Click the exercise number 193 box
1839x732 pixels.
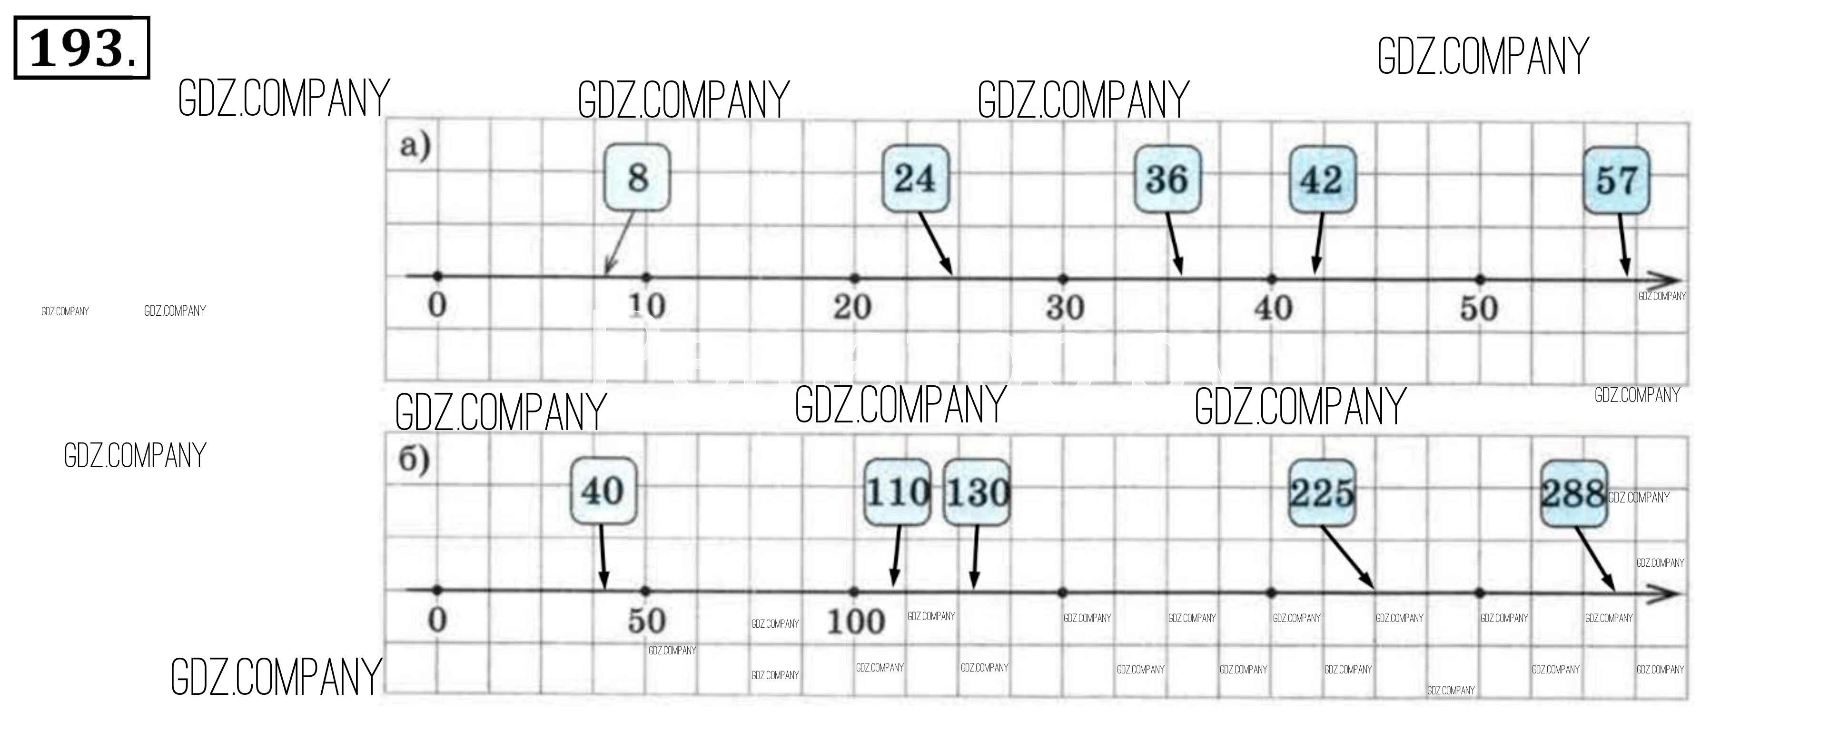click(81, 48)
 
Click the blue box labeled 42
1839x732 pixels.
click(1322, 179)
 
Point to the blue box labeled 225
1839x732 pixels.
click(1322, 493)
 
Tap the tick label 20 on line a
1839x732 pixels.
click(852, 307)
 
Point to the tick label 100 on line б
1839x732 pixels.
click(855, 622)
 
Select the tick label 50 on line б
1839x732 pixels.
click(647, 621)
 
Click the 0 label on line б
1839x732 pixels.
click(437, 619)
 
